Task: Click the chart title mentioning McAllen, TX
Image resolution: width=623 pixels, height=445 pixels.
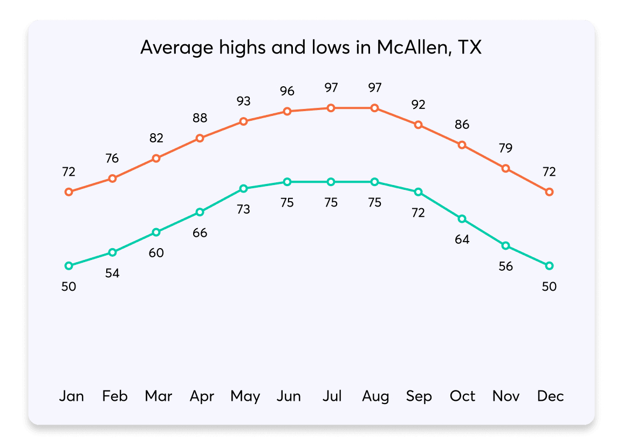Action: point(311,48)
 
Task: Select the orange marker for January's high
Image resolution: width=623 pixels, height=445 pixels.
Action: point(69,192)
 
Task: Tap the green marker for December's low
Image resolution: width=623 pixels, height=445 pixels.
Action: point(549,266)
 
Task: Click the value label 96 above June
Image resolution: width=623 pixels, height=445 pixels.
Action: point(287,91)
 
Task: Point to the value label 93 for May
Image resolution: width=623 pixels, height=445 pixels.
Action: point(243,101)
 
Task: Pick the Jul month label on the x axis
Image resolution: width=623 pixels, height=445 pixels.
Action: point(332,396)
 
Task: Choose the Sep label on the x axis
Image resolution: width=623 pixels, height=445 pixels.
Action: point(419,396)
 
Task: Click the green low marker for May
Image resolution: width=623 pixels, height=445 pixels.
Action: point(243,188)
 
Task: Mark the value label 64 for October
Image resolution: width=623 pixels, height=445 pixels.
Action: point(462,239)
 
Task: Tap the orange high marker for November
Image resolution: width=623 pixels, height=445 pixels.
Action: point(505,168)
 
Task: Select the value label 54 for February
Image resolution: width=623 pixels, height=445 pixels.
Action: point(112,273)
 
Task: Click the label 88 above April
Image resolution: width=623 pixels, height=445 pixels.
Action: point(200,118)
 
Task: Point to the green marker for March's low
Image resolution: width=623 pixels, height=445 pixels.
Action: point(156,232)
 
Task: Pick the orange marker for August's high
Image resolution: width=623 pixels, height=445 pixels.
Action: point(374,108)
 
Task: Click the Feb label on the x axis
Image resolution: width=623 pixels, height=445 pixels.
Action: point(115,396)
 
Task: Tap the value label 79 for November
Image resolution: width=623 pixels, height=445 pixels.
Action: point(505,148)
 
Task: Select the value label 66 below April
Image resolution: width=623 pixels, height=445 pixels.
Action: point(200,233)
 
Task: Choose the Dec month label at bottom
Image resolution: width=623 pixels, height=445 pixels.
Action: point(550,396)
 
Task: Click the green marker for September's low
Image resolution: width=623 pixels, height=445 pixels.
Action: point(418,192)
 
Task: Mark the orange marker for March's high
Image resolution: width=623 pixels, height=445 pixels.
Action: point(156,158)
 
